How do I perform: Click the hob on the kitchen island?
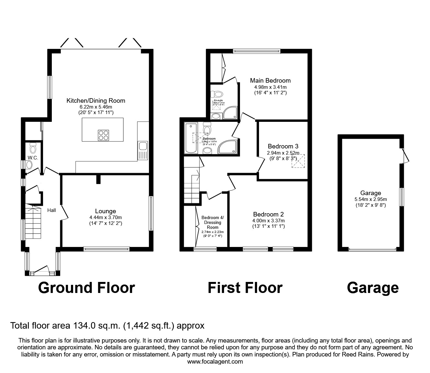coord(103,135)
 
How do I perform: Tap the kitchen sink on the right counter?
coord(142,151)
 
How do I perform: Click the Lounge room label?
coord(106,211)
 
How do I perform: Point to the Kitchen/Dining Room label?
coord(96,100)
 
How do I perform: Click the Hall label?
coord(51,210)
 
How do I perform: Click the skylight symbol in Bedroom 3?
coord(299,161)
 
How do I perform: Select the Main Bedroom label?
coord(270,80)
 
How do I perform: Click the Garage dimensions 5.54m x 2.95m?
coord(370,199)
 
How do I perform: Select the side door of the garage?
coord(404,156)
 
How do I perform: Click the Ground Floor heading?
coord(86,288)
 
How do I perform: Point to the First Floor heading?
coord(245,288)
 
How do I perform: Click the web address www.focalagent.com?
coord(215,362)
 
